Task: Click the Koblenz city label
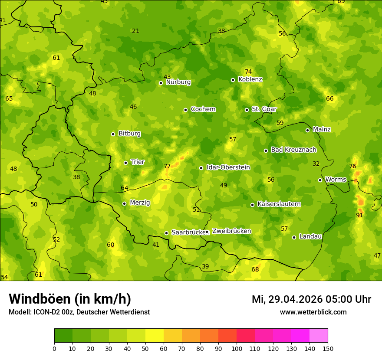250,79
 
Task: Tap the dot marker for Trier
126,163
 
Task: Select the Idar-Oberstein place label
228,167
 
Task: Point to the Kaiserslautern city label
279,204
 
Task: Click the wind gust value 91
359,215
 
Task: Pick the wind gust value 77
167,166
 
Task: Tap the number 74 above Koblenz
248,72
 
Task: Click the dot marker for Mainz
307,130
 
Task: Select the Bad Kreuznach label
293,150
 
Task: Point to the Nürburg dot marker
161,83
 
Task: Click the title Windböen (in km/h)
70,299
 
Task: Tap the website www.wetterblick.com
313,312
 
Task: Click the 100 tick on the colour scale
237,348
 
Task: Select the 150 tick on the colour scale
328,348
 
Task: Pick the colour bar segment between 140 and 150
319,336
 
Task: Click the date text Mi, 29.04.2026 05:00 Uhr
311,299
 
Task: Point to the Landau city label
310,236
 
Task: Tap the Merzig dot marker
124,203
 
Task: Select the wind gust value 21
136,31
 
